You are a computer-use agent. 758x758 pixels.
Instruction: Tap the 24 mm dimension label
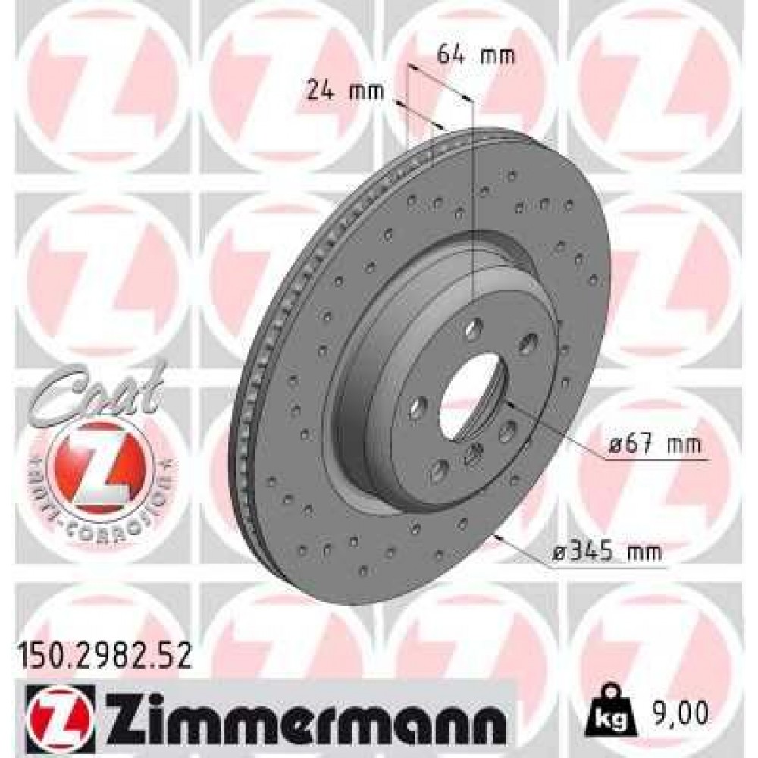[x=346, y=92]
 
